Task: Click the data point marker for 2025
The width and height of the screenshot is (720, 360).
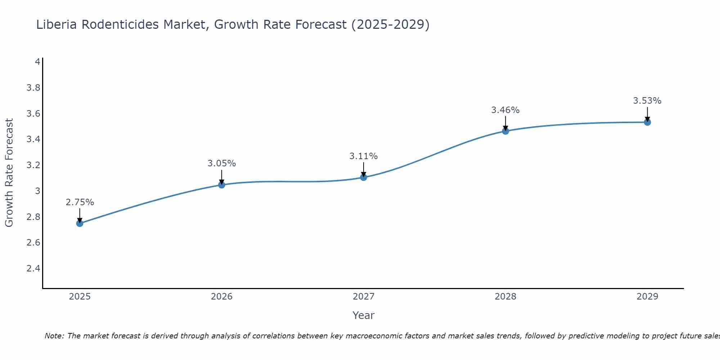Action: point(80,223)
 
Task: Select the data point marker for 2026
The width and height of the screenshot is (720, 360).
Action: point(221,185)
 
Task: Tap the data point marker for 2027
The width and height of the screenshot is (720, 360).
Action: point(363,177)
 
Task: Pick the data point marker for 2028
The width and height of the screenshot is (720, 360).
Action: point(505,131)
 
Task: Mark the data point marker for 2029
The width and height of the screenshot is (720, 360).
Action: point(647,122)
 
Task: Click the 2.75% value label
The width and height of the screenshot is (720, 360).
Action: point(80,202)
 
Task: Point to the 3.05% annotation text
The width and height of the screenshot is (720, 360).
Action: point(221,163)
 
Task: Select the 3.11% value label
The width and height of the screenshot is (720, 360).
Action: point(363,156)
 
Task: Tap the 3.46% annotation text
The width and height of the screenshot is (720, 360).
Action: point(505,110)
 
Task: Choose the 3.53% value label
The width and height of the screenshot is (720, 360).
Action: point(647,101)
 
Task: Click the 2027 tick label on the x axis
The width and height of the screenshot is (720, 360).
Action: point(363,297)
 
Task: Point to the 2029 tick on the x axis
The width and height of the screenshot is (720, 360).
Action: point(647,297)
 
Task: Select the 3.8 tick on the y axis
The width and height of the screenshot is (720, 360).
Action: point(33,88)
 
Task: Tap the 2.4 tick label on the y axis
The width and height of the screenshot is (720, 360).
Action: point(33,269)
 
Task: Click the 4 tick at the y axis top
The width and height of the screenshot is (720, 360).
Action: point(37,62)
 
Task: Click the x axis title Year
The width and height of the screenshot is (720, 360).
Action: point(363,315)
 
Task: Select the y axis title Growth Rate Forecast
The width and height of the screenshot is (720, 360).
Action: point(9,173)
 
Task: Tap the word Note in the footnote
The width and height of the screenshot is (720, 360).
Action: point(54,336)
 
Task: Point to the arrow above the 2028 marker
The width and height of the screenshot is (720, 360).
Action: point(505,123)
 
